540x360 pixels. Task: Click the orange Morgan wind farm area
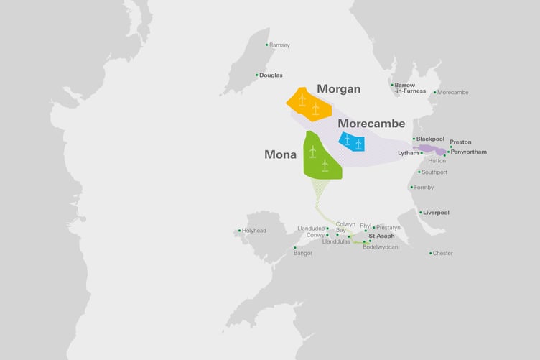[309, 105]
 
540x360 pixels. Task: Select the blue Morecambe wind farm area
[352, 142]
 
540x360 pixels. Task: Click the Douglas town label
[271, 75]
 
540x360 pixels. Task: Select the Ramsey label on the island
[279, 45]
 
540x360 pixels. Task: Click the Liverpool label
[437, 212]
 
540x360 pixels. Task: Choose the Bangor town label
[303, 253]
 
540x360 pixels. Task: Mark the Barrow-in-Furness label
[411, 88]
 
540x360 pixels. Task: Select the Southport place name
[434, 172]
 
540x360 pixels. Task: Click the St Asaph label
[382, 236]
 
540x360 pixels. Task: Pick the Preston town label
[460, 142]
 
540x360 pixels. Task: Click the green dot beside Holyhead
[239, 231]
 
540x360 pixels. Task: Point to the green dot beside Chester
[431, 253]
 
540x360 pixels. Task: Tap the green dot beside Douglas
[256, 75]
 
